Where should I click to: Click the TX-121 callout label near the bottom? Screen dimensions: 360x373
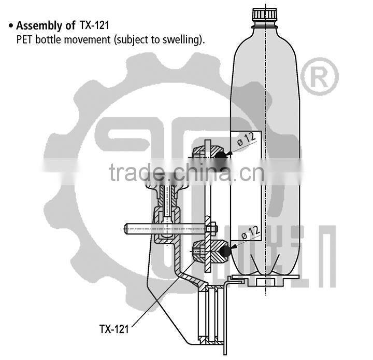(113, 328)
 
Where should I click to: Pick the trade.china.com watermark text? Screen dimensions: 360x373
(187, 172)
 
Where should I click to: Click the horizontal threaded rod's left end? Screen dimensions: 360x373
(127, 227)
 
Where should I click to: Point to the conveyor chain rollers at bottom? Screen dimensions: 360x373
(210, 314)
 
